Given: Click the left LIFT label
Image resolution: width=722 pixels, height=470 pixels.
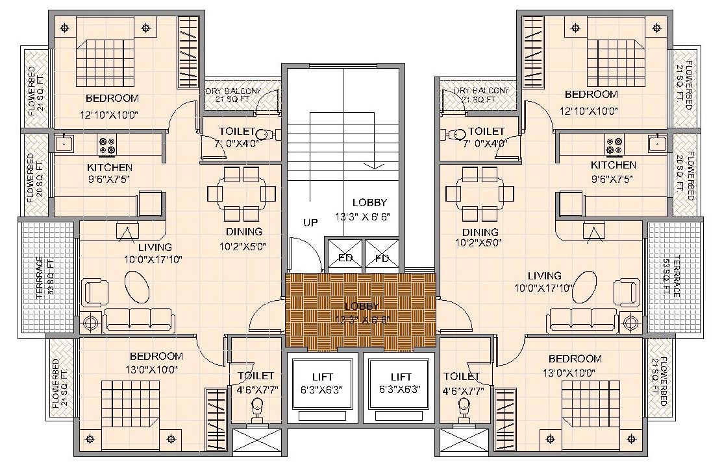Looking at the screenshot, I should (322, 377).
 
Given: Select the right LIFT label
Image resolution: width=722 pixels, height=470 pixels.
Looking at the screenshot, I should (401, 377).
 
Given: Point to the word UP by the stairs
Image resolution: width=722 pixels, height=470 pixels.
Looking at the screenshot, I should (310, 222).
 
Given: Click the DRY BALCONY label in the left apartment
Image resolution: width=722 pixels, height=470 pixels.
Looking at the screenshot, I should (234, 91).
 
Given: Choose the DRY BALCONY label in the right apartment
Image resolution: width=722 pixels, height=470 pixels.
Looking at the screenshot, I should (482, 91).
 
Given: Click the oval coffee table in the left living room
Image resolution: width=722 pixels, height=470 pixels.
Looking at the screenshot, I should (136, 285).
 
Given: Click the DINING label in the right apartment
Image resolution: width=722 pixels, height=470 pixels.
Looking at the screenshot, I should (480, 232).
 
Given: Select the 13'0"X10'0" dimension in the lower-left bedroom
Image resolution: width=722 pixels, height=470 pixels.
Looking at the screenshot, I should (156, 370).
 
